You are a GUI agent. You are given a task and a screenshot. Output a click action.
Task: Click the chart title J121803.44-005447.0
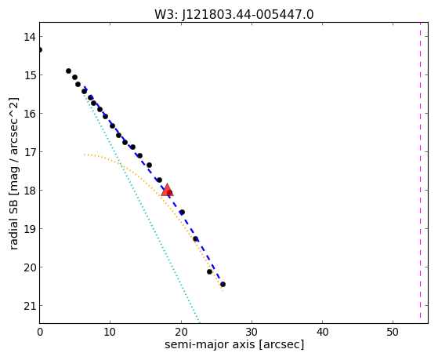click(248, 15)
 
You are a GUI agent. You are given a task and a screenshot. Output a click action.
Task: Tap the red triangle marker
click(167, 190)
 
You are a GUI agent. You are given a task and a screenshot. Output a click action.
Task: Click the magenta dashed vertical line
click(420, 170)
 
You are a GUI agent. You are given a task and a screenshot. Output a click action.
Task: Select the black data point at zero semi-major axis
click(40, 49)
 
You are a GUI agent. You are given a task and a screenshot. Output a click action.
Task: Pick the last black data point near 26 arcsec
click(223, 284)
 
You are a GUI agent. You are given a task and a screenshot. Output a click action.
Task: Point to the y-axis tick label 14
click(29, 37)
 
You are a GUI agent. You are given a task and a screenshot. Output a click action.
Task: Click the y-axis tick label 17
click(29, 152)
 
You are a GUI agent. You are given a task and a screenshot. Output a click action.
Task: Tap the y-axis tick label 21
click(29, 306)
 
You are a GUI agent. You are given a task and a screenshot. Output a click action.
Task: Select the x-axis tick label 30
click(252, 332)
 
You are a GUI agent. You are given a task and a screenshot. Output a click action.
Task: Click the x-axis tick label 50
click(393, 332)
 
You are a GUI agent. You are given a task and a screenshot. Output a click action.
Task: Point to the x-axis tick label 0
click(40, 332)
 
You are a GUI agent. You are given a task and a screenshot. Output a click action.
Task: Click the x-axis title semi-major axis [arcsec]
click(234, 344)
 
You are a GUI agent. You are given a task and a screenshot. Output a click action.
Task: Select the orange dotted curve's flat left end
click(85, 155)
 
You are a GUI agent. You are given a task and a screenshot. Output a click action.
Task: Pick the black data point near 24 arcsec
click(209, 271)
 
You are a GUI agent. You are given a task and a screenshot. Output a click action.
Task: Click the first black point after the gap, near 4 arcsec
click(68, 71)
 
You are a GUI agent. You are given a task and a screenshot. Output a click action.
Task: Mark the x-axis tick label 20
click(181, 332)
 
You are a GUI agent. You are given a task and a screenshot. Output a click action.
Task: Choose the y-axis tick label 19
click(29, 229)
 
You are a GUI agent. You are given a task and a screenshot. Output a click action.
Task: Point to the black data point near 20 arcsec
click(182, 212)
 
